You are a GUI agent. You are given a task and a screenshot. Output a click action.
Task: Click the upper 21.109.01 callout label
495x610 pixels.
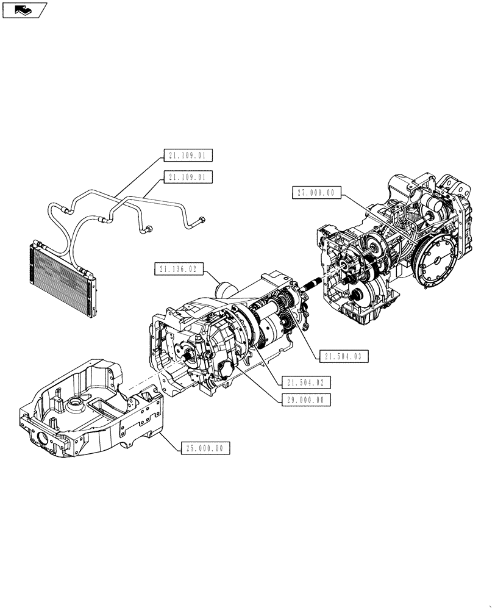pos(188,156)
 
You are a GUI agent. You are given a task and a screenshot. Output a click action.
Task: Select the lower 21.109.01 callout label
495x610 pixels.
pos(188,178)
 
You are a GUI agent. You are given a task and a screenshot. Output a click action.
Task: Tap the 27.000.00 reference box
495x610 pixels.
pos(315,192)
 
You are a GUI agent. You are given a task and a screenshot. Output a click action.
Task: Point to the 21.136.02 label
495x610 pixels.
pos(177,268)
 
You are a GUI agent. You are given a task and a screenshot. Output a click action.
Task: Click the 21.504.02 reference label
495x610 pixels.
pos(306,382)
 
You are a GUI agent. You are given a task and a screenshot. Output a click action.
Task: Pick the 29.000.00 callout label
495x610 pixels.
pos(306,400)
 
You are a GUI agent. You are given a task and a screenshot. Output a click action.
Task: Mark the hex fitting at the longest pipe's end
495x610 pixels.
pos(201,220)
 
